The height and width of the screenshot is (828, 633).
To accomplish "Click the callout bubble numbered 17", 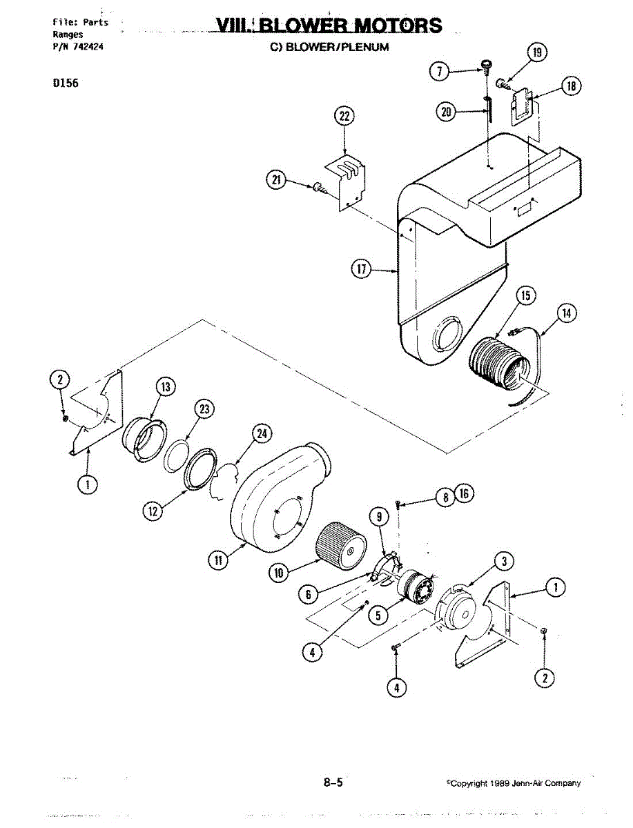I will (360, 270).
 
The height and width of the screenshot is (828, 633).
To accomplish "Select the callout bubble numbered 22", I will (344, 117).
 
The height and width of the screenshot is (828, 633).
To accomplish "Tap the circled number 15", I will (526, 295).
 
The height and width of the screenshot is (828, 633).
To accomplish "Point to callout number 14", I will (567, 313).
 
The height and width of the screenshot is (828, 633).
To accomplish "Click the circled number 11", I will (218, 560).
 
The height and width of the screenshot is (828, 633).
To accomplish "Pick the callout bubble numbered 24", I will (261, 433).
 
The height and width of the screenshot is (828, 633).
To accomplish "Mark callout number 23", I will (204, 409).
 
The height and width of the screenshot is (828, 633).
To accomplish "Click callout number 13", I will (166, 387).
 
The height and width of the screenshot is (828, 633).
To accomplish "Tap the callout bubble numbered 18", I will (571, 86).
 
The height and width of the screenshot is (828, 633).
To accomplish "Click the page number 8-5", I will (333, 782).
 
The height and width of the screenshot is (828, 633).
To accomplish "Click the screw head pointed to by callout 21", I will (318, 187).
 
